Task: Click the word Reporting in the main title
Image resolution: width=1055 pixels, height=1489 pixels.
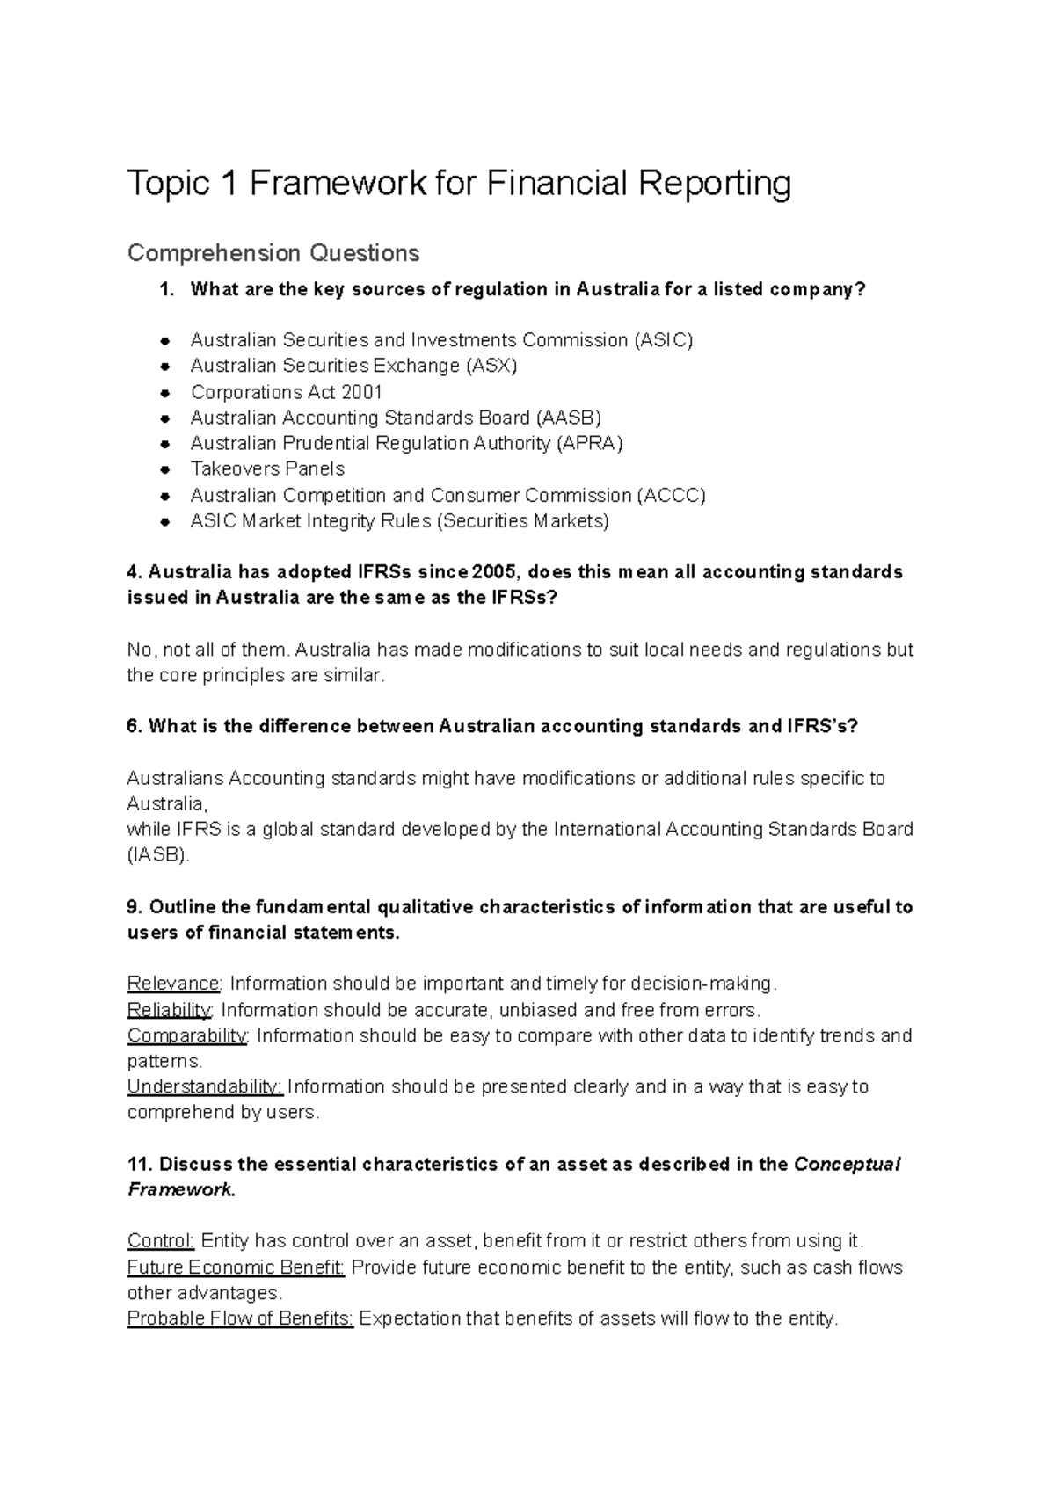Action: coord(714,184)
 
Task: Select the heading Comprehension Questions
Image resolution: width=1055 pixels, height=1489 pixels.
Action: coord(273,253)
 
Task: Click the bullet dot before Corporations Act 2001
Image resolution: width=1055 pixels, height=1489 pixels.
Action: coord(164,392)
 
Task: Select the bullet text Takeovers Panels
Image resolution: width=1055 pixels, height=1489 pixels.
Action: coord(267,468)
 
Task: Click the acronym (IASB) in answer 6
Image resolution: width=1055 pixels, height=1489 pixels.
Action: coord(158,854)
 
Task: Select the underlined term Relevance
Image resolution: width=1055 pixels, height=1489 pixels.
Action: coord(173,983)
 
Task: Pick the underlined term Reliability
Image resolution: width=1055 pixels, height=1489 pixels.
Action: coord(170,1009)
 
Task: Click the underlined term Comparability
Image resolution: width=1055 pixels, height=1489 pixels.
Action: coord(187,1035)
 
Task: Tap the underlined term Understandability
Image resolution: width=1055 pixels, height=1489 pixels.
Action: coord(205,1086)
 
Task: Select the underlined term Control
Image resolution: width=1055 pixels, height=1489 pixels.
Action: coord(160,1241)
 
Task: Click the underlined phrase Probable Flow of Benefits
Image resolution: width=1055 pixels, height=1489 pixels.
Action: coord(240,1318)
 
